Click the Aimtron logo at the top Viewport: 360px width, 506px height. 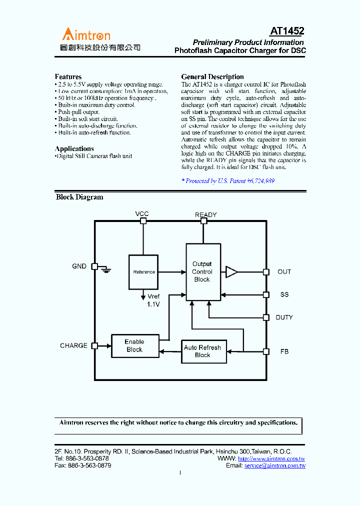pos(86,35)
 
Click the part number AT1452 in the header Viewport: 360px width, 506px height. pos(287,31)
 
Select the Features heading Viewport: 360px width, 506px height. pos(68,76)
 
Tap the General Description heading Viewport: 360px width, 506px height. pos(212,76)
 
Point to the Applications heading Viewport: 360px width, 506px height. pos(74,148)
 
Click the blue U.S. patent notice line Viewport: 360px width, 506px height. pos(227,181)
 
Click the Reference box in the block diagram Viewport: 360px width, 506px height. pos(144,272)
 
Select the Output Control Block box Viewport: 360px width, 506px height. pos(203,272)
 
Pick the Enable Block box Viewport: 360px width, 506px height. pos(134,345)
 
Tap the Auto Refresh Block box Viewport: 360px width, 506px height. pos(202,351)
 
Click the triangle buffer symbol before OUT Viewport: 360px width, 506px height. pos(231,272)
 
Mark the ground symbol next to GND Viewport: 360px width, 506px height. pos(105,268)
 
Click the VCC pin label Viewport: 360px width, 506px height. pos(142,214)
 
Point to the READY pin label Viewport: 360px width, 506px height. pos(205,215)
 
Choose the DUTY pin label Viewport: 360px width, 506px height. pos(284,317)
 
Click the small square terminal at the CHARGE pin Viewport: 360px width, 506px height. pos(95,345)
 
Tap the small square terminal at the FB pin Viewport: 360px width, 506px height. pos(266,351)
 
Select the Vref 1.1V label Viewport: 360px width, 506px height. pos(154,300)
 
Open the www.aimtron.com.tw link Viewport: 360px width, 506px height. pos(271,458)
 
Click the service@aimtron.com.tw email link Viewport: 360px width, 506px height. pos(275,465)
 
